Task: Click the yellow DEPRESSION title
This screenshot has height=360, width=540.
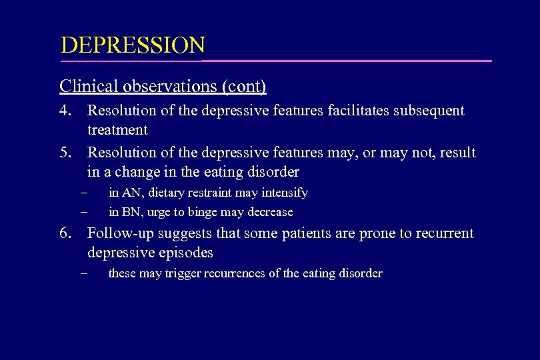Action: point(133,46)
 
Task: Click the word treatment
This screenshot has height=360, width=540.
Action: point(117,129)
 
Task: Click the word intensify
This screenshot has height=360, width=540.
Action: point(284,193)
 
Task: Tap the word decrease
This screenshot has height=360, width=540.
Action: point(269,212)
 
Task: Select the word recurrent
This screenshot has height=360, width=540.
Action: point(443,233)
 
